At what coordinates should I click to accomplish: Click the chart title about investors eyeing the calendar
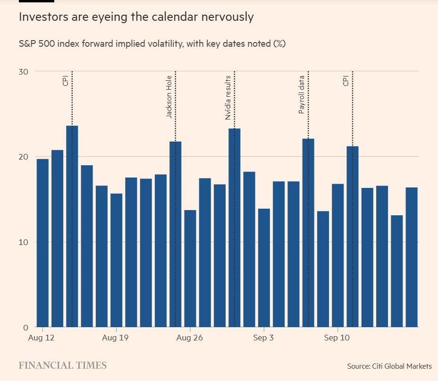pyautogui.click(x=136, y=17)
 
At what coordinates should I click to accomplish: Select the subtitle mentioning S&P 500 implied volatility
pyautogui.click(x=152, y=44)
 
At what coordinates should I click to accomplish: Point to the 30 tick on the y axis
pyautogui.click(x=24, y=71)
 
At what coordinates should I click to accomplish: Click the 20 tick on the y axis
pyautogui.click(x=24, y=157)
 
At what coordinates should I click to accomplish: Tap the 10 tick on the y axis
pyautogui.click(x=24, y=242)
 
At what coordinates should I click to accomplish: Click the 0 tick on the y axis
pyautogui.click(x=26, y=328)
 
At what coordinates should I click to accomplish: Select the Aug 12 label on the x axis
pyautogui.click(x=42, y=338)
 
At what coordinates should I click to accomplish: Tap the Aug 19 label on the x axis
pyautogui.click(x=115, y=338)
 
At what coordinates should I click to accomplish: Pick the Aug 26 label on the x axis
pyautogui.click(x=189, y=338)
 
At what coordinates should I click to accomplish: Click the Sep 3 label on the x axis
pyautogui.click(x=263, y=338)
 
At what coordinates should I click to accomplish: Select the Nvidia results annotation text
pyautogui.click(x=228, y=97)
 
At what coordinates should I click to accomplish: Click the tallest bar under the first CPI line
pyautogui.click(x=72, y=227)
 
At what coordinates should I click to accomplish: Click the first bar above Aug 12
pyautogui.click(x=42, y=243)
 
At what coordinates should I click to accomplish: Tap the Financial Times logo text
pyautogui.click(x=63, y=365)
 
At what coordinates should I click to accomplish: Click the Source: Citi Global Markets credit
pyautogui.click(x=389, y=366)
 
